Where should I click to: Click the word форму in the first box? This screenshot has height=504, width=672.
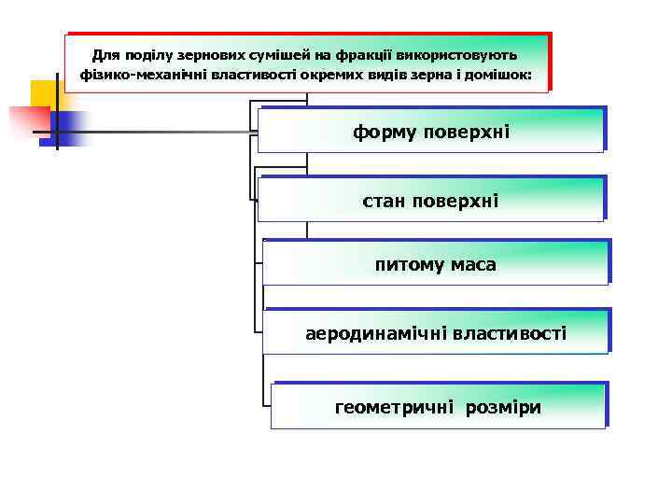pos(385,133)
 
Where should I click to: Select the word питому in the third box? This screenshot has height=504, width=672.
pos(408,265)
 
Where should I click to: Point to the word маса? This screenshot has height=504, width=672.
pos(471,265)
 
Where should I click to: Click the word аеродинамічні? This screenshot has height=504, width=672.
pos(376,333)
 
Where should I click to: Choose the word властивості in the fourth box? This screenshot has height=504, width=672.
pos(509,333)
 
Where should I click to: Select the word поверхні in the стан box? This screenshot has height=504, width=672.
pos(455,201)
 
